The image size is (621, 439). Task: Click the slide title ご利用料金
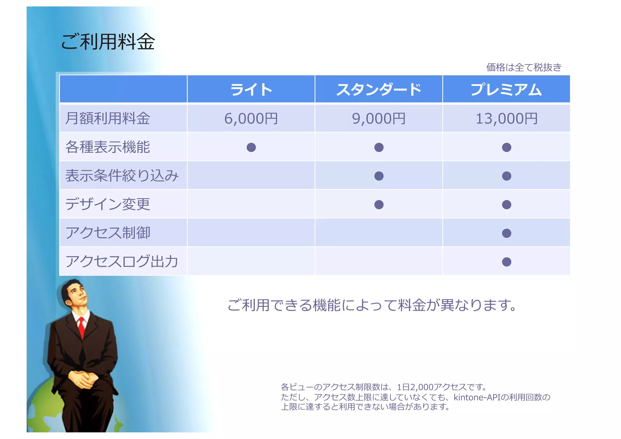pyautogui.click(x=108, y=42)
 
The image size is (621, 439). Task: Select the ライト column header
pyautogui.click(x=251, y=90)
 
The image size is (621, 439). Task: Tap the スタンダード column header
pyautogui.click(x=379, y=90)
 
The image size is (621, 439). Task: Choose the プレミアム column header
pyautogui.click(x=506, y=90)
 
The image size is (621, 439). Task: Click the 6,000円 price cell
pyautogui.click(x=251, y=119)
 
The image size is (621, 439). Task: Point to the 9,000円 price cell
pyautogui.click(x=379, y=119)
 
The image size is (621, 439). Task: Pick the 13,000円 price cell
pyautogui.click(x=506, y=119)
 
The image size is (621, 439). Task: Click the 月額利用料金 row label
pyautogui.click(x=108, y=119)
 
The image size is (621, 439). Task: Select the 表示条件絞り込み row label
pyautogui.click(x=122, y=176)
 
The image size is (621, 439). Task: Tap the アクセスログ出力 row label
pyautogui.click(x=122, y=262)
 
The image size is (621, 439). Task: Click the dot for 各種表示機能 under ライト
pyautogui.click(x=251, y=147)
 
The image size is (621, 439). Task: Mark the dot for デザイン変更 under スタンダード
pyautogui.click(x=379, y=205)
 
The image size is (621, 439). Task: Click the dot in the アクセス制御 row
pyautogui.click(x=506, y=233)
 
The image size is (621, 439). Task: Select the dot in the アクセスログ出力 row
pyautogui.click(x=506, y=262)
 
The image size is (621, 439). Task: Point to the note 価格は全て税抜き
pyautogui.click(x=524, y=67)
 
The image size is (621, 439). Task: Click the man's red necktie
pyautogui.click(x=81, y=327)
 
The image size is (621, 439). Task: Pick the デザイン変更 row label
pyautogui.click(x=108, y=204)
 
